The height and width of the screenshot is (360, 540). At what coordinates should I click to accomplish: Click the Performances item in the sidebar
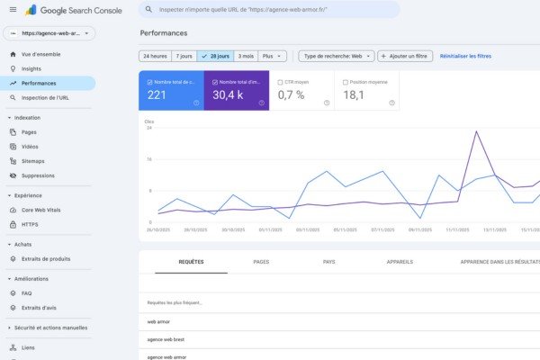(x=45, y=83)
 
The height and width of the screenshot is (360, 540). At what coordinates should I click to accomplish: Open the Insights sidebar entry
(x=32, y=68)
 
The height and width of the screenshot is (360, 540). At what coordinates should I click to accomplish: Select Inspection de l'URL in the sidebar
(x=45, y=97)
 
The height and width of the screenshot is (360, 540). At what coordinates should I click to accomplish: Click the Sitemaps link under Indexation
(x=33, y=161)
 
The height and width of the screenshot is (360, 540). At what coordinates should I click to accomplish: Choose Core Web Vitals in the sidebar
(x=41, y=210)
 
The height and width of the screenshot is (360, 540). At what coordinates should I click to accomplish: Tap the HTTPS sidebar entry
(x=30, y=224)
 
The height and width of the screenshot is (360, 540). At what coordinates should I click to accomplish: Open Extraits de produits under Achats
(x=46, y=259)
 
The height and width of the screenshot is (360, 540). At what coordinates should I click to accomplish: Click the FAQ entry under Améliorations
(x=27, y=293)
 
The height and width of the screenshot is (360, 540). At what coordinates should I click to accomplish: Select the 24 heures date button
(x=155, y=56)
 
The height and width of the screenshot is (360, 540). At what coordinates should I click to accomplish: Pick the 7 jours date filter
(x=184, y=56)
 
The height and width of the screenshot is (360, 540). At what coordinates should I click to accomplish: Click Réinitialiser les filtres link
(x=465, y=56)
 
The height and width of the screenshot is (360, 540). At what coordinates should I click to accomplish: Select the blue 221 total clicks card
(x=172, y=91)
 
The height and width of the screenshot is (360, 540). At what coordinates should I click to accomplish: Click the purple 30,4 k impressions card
(x=237, y=91)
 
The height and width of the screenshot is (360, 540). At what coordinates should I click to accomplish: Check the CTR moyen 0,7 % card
(x=301, y=91)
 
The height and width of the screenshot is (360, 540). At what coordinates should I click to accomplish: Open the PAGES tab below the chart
(x=261, y=262)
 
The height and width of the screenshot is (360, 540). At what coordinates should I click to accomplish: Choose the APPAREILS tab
(x=400, y=262)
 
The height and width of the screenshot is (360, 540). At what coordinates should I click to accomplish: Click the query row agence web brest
(x=166, y=339)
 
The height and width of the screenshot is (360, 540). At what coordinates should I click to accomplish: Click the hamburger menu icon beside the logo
(x=13, y=9)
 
